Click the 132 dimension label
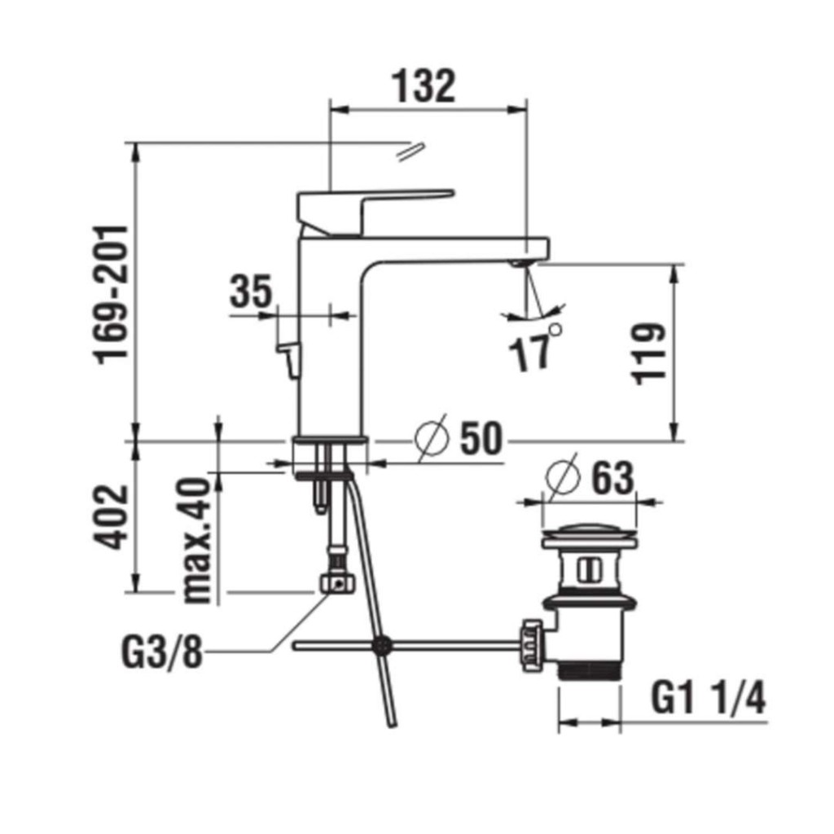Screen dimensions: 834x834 [x=424, y=86]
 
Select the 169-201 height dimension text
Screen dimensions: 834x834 [x=111, y=295]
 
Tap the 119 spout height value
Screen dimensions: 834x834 [x=648, y=353]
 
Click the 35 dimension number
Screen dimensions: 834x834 [x=251, y=291]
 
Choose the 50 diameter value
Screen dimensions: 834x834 [x=481, y=438]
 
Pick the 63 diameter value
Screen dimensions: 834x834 [x=613, y=477]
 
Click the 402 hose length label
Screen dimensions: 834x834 [x=111, y=516]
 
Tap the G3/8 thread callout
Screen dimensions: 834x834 [x=163, y=652]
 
